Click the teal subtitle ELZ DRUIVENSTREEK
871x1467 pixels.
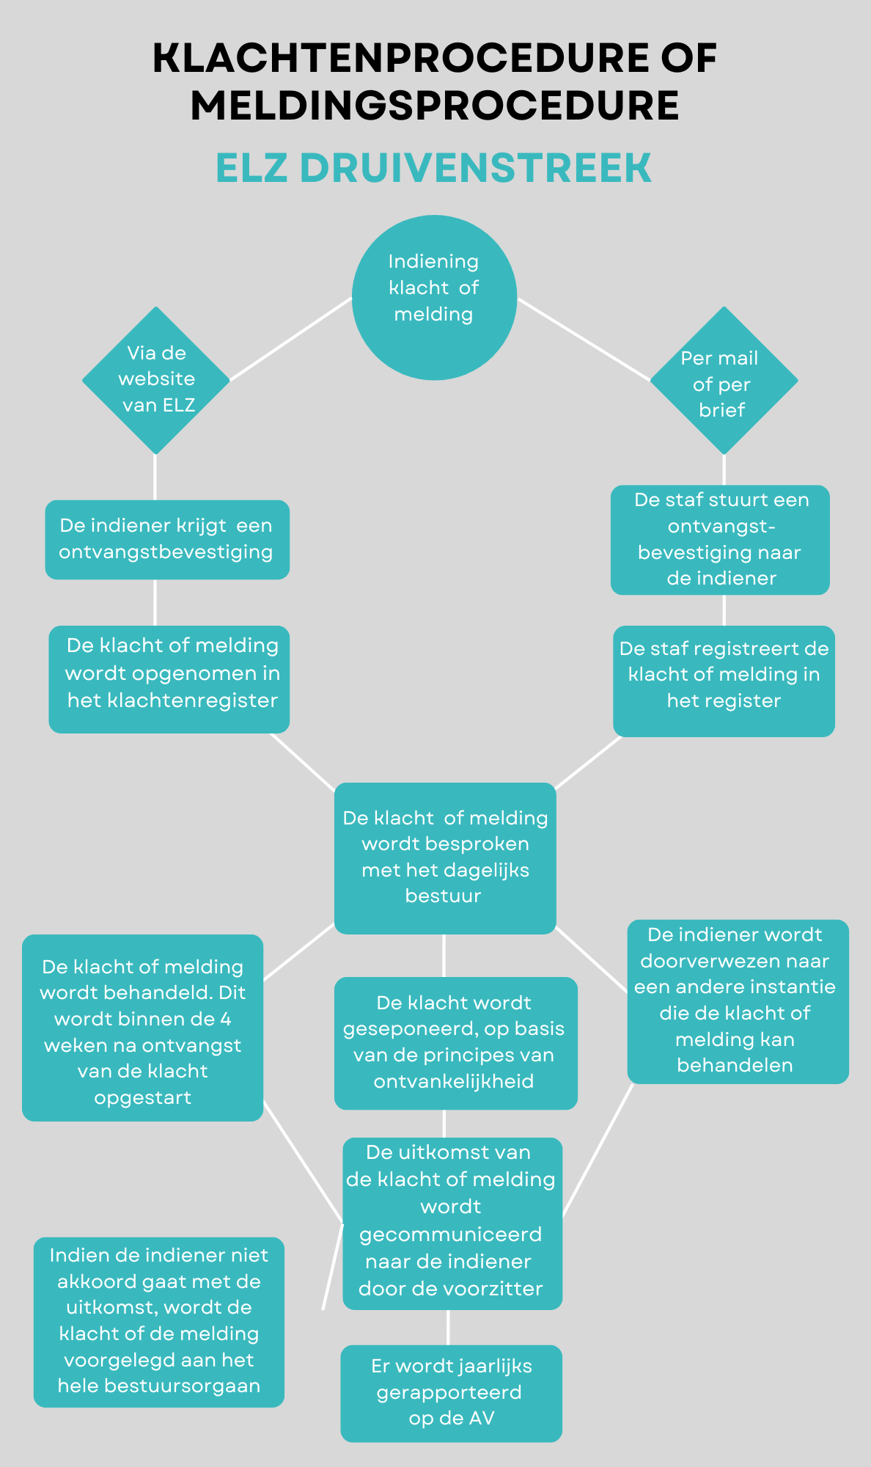click(x=433, y=168)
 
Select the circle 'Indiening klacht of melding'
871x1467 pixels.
click(x=434, y=297)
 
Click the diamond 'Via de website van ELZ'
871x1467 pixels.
click(x=156, y=380)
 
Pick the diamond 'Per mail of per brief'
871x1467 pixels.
click(x=724, y=381)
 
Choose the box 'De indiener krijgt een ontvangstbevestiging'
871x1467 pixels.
click(x=167, y=539)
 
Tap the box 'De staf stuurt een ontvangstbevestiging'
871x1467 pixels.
click(x=720, y=539)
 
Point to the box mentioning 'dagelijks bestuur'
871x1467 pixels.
click(x=445, y=857)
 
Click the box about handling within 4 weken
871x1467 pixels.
click(x=143, y=1027)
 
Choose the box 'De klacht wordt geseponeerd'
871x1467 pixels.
click(x=455, y=1042)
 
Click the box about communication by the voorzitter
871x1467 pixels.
click(x=452, y=1223)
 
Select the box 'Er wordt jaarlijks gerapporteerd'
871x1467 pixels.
click(x=451, y=1392)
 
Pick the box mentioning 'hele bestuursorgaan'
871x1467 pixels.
click(x=159, y=1321)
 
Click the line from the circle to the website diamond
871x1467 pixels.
click(x=291, y=339)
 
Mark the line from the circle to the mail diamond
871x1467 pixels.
click(x=584, y=340)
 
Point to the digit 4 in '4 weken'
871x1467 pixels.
click(x=226, y=1019)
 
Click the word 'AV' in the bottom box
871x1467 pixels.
click(x=481, y=1418)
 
